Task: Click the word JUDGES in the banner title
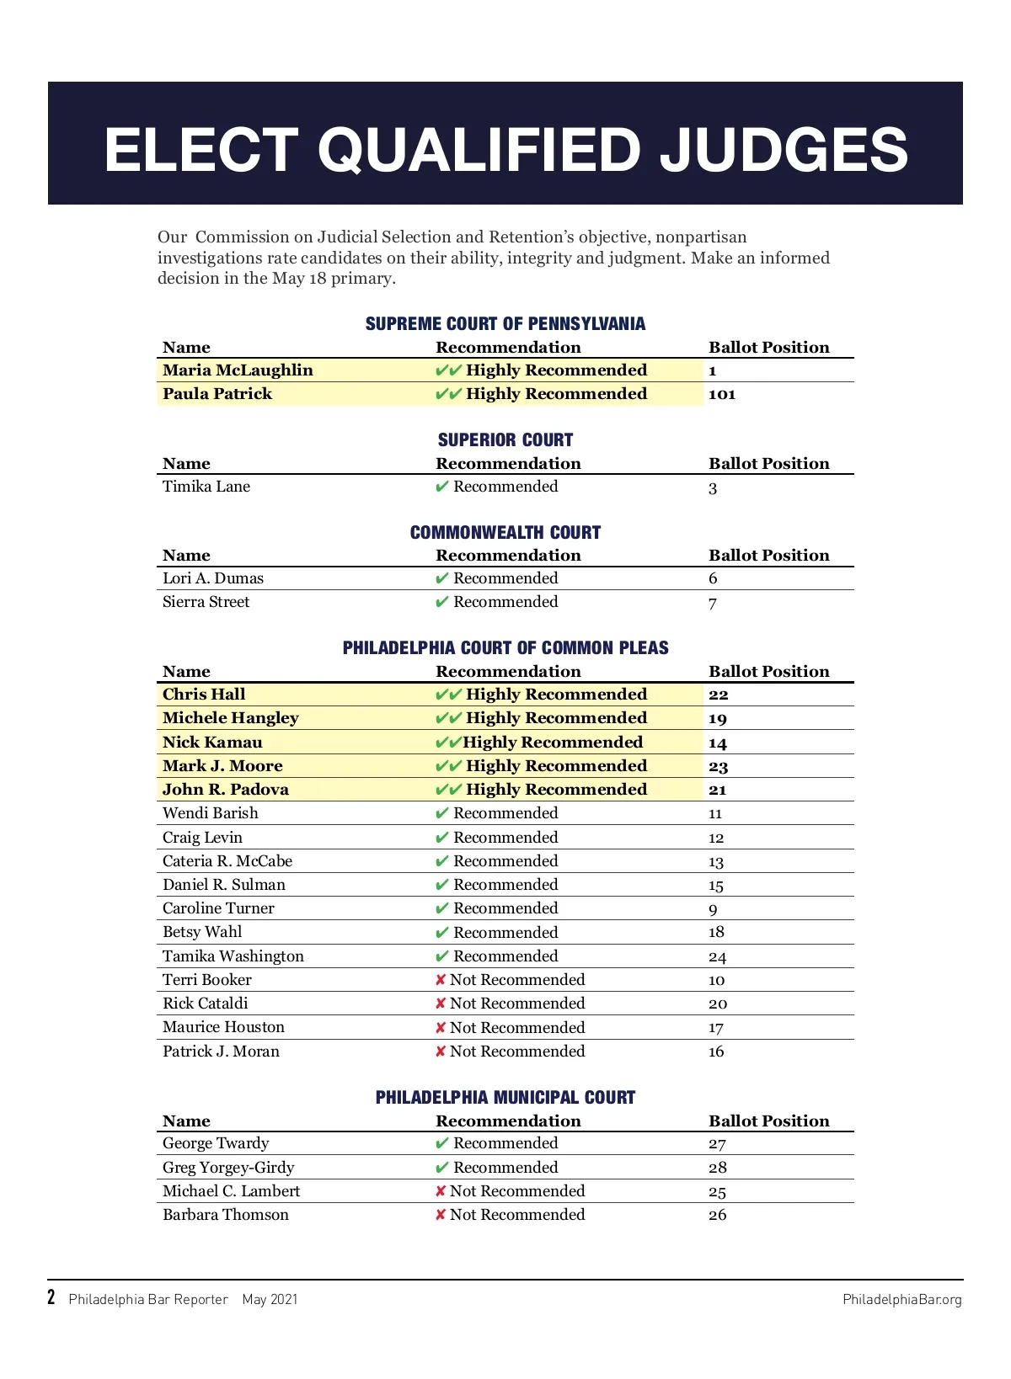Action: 783,150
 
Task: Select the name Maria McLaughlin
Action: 238,370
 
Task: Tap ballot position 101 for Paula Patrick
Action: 722,394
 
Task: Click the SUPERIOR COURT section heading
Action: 505,439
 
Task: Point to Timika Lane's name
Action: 206,487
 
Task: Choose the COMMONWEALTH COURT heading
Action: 505,532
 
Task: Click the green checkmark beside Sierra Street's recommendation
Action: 441,602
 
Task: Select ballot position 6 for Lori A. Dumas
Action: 713,578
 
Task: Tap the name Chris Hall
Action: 204,695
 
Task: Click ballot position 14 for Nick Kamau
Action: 718,743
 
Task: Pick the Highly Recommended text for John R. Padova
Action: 556,790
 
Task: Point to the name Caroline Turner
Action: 218,908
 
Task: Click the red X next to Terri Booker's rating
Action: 441,980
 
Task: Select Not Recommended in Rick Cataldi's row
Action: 517,1004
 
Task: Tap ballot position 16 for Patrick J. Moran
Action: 716,1052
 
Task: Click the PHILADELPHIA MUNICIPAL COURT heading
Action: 505,1097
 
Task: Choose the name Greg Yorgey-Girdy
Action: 228,1168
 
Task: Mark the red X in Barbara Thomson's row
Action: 441,1215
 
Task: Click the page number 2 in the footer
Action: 51,1297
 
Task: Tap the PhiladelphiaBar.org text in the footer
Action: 901,1300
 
